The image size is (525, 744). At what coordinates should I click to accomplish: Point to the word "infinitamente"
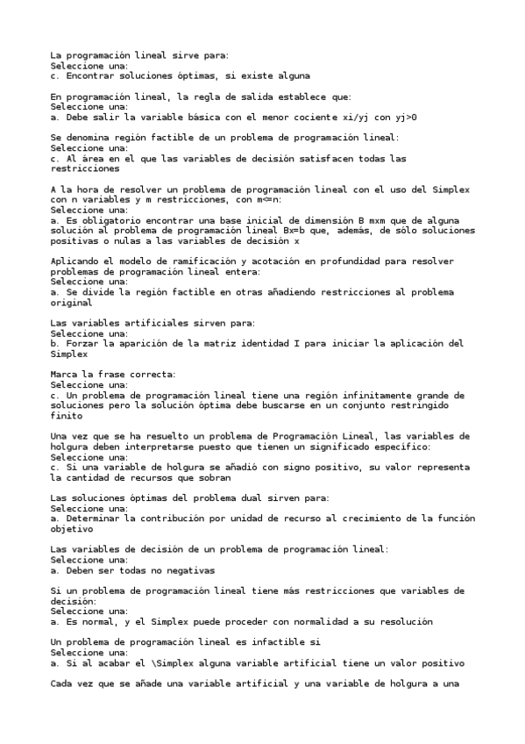339,396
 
